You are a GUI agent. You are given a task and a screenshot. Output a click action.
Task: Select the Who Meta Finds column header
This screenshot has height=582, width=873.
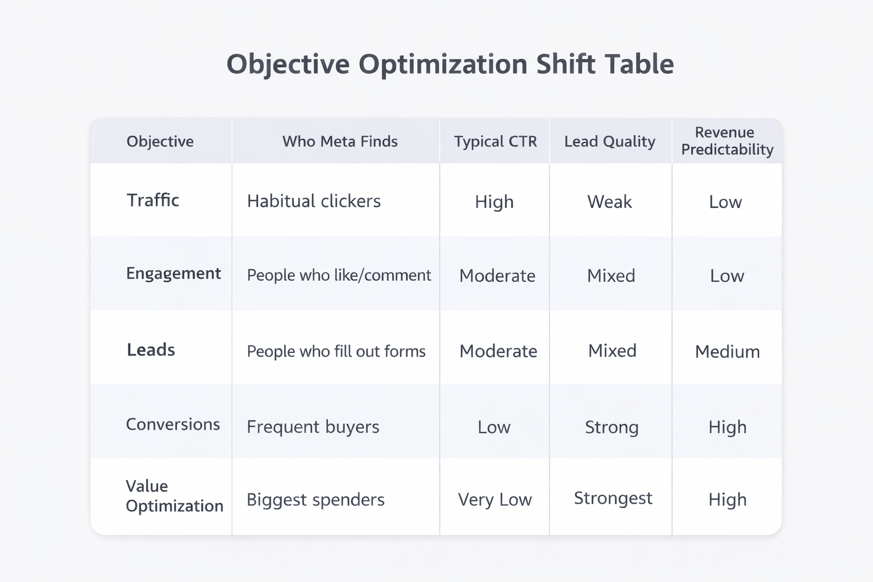340,142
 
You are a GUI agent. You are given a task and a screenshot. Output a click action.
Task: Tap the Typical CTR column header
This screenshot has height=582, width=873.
495,142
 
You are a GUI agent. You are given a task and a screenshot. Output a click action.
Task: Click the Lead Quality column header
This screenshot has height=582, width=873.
609,142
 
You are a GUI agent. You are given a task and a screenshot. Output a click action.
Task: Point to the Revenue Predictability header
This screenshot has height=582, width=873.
727,141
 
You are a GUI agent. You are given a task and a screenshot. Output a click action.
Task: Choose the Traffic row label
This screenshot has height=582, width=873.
153,200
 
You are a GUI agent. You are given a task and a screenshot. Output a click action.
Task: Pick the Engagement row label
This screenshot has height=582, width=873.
173,273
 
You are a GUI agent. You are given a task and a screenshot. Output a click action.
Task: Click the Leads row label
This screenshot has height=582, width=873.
151,350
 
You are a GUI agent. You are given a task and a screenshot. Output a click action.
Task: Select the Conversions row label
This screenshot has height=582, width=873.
173,425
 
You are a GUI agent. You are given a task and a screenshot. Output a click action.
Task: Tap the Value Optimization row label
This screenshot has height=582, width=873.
174,496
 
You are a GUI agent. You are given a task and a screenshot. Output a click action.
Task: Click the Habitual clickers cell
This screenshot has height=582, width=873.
314,201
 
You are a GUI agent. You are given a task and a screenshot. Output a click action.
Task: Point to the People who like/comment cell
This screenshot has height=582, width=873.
339,275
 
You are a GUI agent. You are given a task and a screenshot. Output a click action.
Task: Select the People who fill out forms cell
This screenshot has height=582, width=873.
336,351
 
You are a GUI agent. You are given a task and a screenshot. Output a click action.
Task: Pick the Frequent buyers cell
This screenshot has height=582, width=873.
313,427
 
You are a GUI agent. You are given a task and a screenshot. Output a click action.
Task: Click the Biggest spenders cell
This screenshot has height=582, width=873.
315,500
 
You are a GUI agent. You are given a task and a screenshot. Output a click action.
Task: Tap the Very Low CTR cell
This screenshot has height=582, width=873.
494,500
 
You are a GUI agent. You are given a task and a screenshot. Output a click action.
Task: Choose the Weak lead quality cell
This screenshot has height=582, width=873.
609,202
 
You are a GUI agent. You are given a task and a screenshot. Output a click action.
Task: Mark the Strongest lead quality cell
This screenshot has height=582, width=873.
613,498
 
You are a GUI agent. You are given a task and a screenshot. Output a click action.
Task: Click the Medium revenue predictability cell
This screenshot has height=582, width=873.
727,352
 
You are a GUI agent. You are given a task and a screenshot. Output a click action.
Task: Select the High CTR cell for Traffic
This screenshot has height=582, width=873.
494,202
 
